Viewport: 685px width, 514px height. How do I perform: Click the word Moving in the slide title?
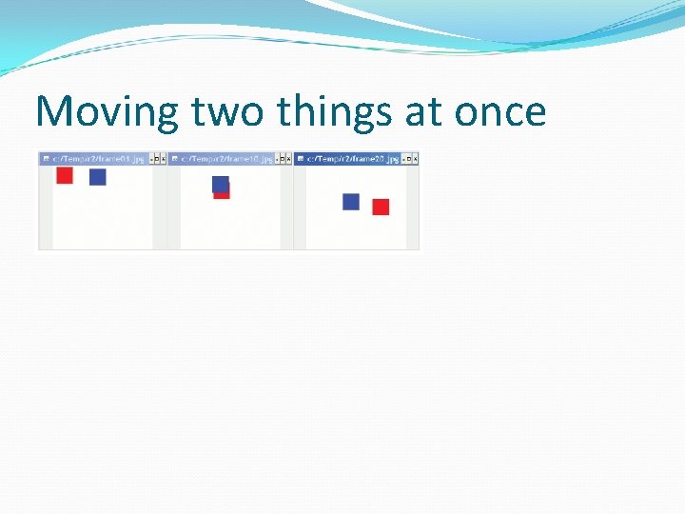pos(106,113)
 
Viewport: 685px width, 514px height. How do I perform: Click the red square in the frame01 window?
pos(65,175)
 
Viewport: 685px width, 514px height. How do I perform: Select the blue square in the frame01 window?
pos(97,177)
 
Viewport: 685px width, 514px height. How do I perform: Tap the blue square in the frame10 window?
pos(220,183)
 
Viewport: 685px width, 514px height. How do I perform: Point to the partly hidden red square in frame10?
pos(224,194)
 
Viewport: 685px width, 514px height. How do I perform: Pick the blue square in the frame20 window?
pos(351,202)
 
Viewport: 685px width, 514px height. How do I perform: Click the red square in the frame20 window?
pos(381,207)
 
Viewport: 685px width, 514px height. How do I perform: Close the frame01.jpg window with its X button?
pos(163,159)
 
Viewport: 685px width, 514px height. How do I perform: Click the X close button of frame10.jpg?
pos(289,159)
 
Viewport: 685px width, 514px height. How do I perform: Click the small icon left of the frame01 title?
pos(46,159)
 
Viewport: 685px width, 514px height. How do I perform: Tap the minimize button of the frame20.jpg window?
pos(404,159)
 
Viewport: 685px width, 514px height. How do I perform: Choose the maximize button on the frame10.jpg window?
pos(283,159)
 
